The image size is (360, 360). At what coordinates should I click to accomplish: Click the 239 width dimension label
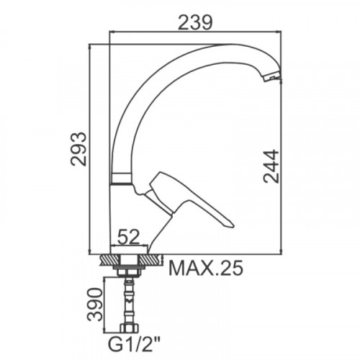pos(195,23)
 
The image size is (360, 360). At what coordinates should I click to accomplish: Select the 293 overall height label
pos(78,149)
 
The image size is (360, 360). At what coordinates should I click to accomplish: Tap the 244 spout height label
pos(271,166)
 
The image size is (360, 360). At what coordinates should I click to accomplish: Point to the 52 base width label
pos(128,237)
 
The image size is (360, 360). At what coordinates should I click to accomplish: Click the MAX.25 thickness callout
pos(206,268)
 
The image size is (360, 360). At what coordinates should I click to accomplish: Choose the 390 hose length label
pos(94,305)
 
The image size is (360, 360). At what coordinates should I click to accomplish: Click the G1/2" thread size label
pos(134,345)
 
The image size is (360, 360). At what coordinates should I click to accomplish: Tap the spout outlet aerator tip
pos(272,78)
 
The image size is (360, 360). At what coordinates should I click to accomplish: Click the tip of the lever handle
pos(233,225)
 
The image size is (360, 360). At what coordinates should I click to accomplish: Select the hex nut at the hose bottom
pos(129,328)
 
